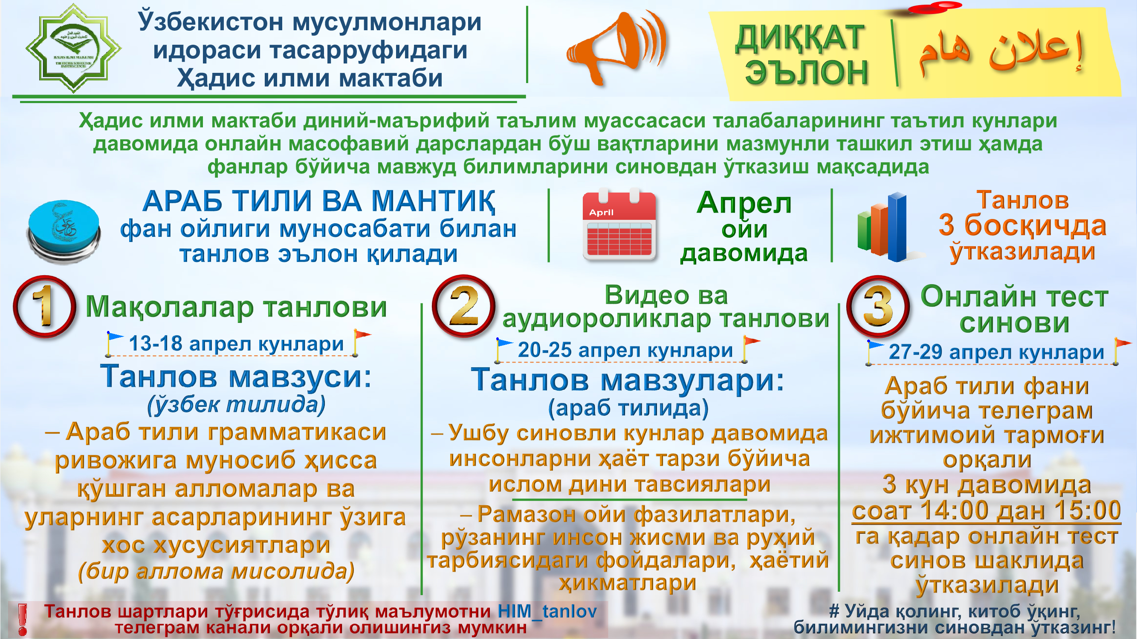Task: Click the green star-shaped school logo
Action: [73, 48]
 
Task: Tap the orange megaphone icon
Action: [617, 48]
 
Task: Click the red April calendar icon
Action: [619, 225]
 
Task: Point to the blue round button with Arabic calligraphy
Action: [64, 231]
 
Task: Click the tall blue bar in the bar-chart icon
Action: [897, 227]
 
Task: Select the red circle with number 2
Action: [463, 306]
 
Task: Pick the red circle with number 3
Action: [878, 307]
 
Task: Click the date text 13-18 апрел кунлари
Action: [236, 343]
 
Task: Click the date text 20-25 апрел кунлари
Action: [625, 350]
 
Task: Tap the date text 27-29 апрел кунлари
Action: [997, 352]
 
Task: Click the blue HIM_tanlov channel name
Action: [547, 611]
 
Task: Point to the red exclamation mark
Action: [22, 619]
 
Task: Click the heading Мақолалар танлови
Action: [236, 306]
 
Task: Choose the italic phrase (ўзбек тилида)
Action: [236, 404]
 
